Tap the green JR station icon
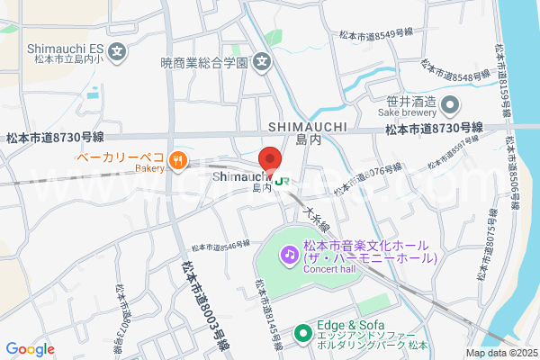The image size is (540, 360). [x=285, y=180]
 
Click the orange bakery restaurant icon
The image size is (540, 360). [x=179, y=162]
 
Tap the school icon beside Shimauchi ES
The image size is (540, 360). [x=119, y=48]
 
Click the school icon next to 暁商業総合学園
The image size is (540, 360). [x=262, y=63]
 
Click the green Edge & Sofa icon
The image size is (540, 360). [x=303, y=334]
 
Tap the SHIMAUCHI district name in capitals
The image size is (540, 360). [x=308, y=127]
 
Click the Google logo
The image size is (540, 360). [x=30, y=349]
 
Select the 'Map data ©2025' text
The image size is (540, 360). [x=500, y=354]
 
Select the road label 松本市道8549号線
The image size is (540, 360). [x=375, y=34]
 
